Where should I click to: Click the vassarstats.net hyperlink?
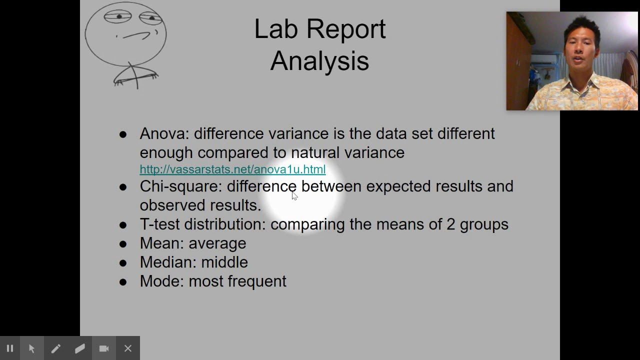232,169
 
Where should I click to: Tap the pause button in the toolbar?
10,348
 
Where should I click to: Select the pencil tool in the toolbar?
55,348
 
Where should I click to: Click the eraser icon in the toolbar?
80,348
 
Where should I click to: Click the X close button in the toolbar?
128,348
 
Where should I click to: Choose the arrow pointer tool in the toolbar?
31,348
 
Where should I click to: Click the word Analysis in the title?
319,61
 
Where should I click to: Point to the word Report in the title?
345,29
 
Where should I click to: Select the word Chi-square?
179,186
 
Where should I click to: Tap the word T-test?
159,224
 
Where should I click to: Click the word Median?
167,262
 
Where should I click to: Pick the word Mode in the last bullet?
161,281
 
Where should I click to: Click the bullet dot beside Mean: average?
123,244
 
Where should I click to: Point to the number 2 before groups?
450,224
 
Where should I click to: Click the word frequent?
257,281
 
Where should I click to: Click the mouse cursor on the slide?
294,195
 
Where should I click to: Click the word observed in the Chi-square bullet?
172,205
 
